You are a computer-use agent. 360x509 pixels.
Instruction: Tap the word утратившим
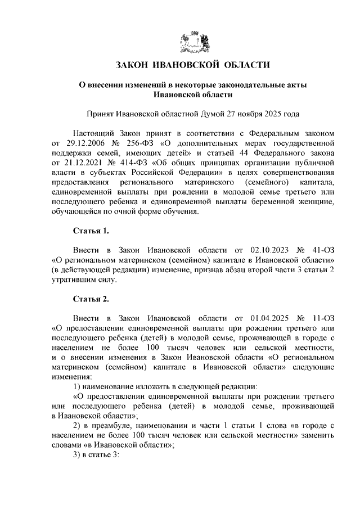[73, 279]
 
